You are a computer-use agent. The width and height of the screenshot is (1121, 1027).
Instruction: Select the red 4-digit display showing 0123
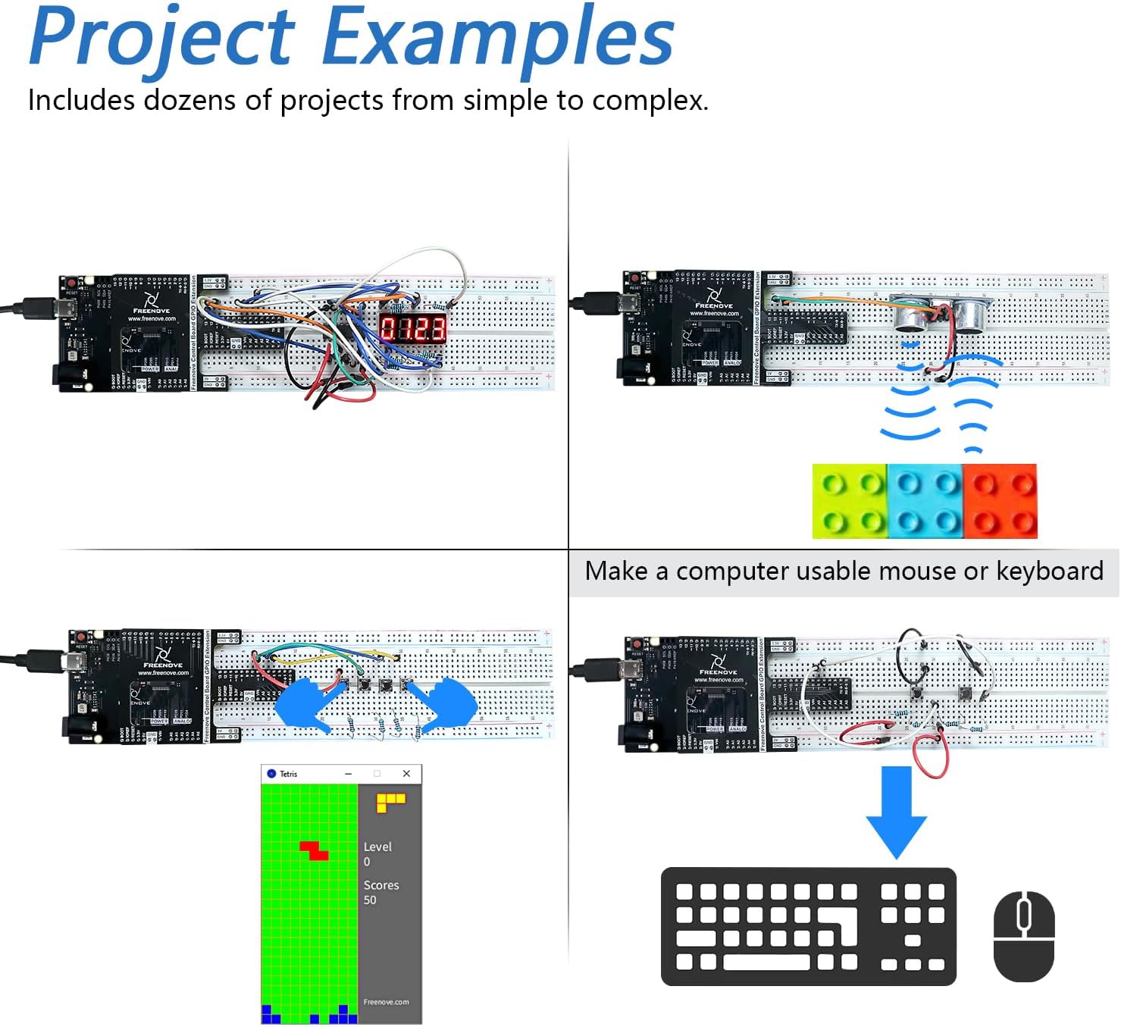point(413,328)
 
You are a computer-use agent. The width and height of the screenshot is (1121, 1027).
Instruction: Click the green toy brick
point(850,501)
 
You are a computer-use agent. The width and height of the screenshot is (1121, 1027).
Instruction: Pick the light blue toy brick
point(925,501)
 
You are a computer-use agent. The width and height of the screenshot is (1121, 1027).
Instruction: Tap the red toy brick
point(1000,501)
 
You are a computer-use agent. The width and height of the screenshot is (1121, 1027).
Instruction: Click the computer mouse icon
point(1023,935)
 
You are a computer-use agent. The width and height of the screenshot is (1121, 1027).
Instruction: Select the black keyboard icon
point(808,926)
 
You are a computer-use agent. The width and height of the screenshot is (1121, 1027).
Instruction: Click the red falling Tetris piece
point(314,850)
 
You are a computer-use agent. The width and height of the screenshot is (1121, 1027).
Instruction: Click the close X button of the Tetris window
point(406,773)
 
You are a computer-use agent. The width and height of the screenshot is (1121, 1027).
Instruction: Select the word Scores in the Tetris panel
point(380,885)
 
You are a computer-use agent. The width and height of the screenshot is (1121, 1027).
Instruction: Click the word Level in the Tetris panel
point(377,847)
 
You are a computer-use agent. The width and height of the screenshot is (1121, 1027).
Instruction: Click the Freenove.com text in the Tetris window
point(386,1001)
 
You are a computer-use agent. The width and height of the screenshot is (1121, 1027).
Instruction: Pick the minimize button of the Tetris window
point(349,773)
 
